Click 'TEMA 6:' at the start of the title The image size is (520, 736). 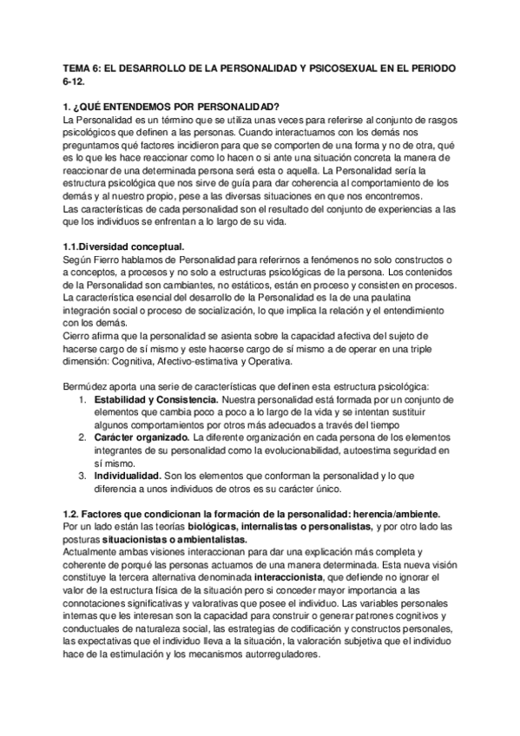[x=85, y=68]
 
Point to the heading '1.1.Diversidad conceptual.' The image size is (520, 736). [x=124, y=246]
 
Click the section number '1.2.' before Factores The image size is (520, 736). [x=75, y=512]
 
